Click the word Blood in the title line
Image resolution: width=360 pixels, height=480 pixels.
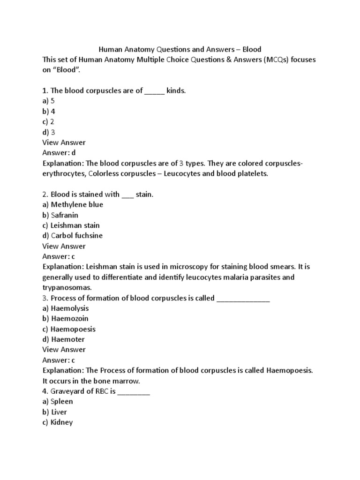point(252,49)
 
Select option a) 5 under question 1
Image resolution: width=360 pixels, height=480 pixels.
point(49,101)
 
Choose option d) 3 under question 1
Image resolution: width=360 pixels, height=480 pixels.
point(49,132)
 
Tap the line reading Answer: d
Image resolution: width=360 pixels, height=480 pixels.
point(59,152)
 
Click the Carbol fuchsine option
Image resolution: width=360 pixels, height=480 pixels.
point(72,235)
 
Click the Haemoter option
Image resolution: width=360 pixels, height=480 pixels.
point(63,339)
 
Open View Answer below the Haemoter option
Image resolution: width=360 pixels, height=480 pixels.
point(64,350)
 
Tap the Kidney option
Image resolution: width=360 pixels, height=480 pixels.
point(57,422)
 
